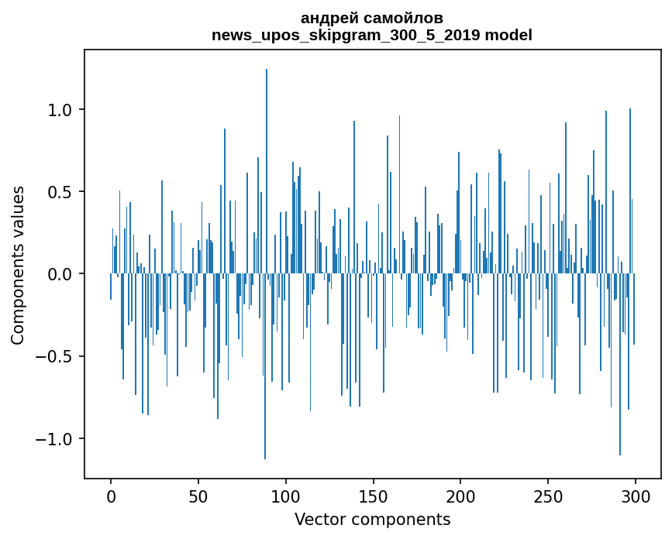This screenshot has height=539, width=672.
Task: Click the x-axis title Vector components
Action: pos(372,520)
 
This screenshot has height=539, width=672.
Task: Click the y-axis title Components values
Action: pos(18,265)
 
